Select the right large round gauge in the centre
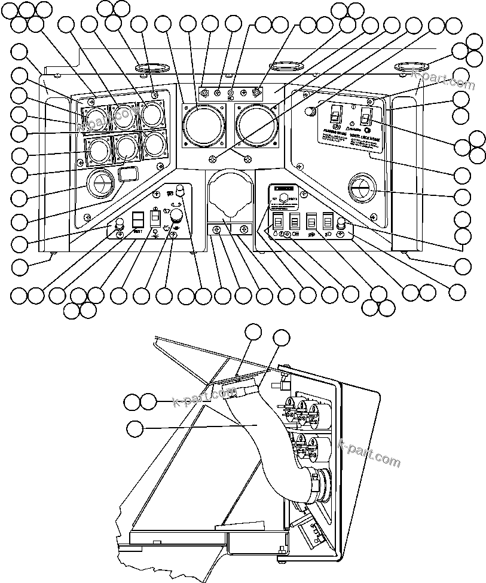tap(256, 125)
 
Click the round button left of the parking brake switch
tap(309, 111)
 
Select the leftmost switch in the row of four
tap(278, 222)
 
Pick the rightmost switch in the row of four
tap(326, 221)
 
